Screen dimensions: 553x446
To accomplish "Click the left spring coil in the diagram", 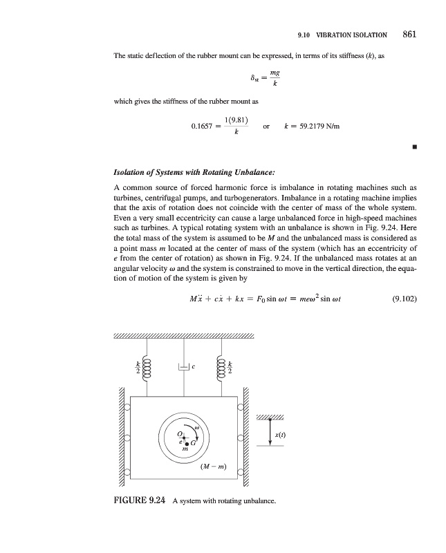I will [147, 366].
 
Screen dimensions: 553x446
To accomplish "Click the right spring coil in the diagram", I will [221, 366].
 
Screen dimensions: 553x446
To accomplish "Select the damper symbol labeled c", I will [184, 368].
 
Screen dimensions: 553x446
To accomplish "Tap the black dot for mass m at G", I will [187, 443].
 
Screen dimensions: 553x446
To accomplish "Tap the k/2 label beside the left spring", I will [138, 367].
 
